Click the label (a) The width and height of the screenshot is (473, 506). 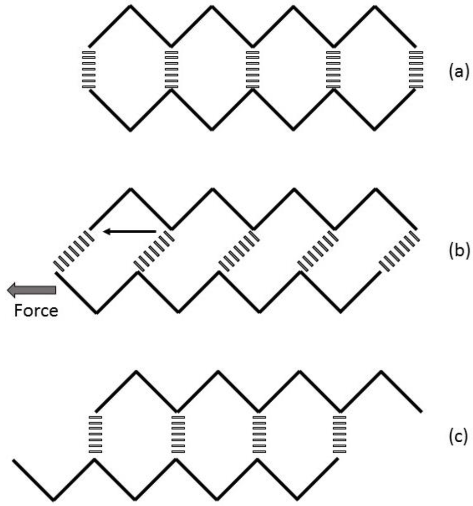[x=458, y=72]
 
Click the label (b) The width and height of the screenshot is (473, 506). [x=458, y=251]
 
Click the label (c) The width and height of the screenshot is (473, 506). [x=458, y=437]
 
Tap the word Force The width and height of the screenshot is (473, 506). [x=36, y=311]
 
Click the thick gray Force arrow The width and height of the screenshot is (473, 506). [x=31, y=290]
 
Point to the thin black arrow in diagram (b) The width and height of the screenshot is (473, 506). [x=129, y=231]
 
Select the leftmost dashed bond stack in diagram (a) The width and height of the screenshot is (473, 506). [x=89, y=69]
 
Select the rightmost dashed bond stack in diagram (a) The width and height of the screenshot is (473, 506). [x=416, y=69]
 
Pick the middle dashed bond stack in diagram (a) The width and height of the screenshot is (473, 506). [x=253, y=69]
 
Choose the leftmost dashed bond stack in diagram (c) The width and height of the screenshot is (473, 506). [x=95, y=434]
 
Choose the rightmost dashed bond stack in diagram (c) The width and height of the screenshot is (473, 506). [x=340, y=434]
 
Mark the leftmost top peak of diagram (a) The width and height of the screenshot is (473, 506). [x=130, y=6]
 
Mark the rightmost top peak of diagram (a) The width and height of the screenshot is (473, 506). [x=375, y=6]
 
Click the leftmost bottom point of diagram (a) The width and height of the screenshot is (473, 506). [x=130, y=130]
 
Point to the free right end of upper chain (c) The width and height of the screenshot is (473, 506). [x=421, y=411]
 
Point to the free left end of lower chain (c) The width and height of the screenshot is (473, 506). [x=14, y=461]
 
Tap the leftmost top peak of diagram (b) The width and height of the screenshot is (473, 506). [x=130, y=189]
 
